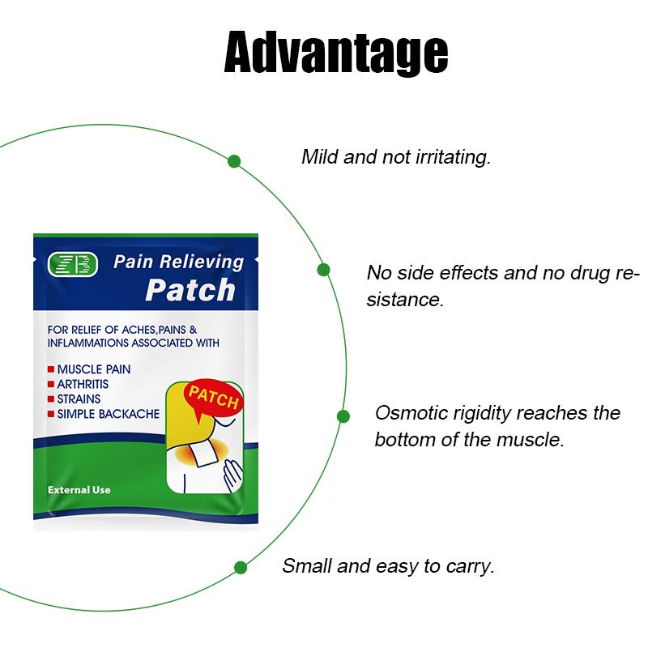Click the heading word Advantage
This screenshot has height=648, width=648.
click(x=335, y=53)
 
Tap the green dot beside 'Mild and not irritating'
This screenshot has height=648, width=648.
click(x=234, y=161)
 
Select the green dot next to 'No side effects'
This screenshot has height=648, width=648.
click(x=323, y=270)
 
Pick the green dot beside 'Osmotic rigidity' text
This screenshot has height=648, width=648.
click(x=343, y=416)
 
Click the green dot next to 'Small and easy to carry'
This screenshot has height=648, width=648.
click(x=240, y=567)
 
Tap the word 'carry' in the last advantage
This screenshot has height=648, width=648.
click(x=469, y=566)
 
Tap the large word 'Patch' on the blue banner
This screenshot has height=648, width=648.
click(x=190, y=289)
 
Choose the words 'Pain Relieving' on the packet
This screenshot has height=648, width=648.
click(x=178, y=262)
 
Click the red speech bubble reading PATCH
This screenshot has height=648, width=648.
click(x=212, y=399)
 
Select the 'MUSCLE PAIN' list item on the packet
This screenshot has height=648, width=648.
click(x=94, y=369)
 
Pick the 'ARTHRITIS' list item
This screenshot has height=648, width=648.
click(x=83, y=384)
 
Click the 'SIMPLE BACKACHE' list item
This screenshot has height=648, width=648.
click(x=108, y=414)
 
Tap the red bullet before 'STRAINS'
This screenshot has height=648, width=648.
click(x=51, y=399)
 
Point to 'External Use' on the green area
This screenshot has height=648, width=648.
click(x=79, y=490)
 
